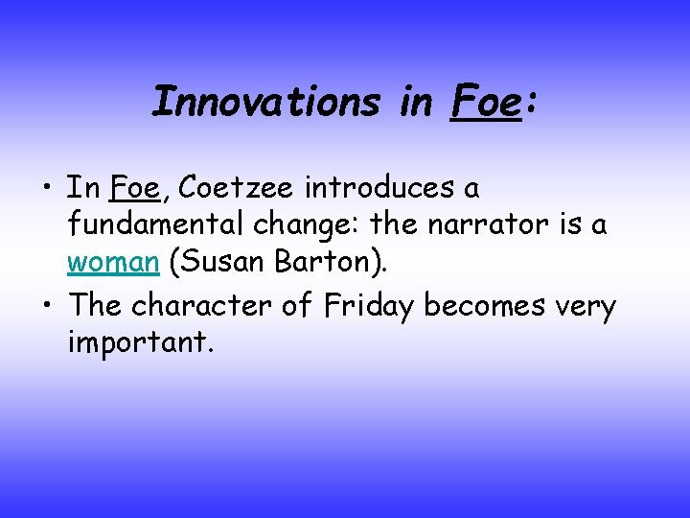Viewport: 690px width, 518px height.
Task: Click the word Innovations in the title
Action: tap(265, 101)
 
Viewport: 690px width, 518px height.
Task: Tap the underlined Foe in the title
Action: tap(483, 101)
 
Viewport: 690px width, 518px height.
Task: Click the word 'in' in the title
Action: tap(415, 101)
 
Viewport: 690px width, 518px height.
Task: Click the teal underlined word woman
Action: tap(113, 264)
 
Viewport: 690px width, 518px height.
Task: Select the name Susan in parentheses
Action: tap(218, 264)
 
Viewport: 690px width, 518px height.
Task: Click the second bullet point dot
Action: tap(46, 306)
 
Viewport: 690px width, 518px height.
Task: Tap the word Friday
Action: tap(372, 306)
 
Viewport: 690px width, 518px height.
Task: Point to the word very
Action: tap(586, 308)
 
